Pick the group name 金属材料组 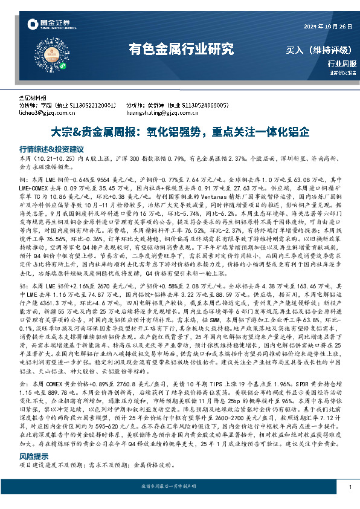(32, 97)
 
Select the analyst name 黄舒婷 (159, 104)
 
